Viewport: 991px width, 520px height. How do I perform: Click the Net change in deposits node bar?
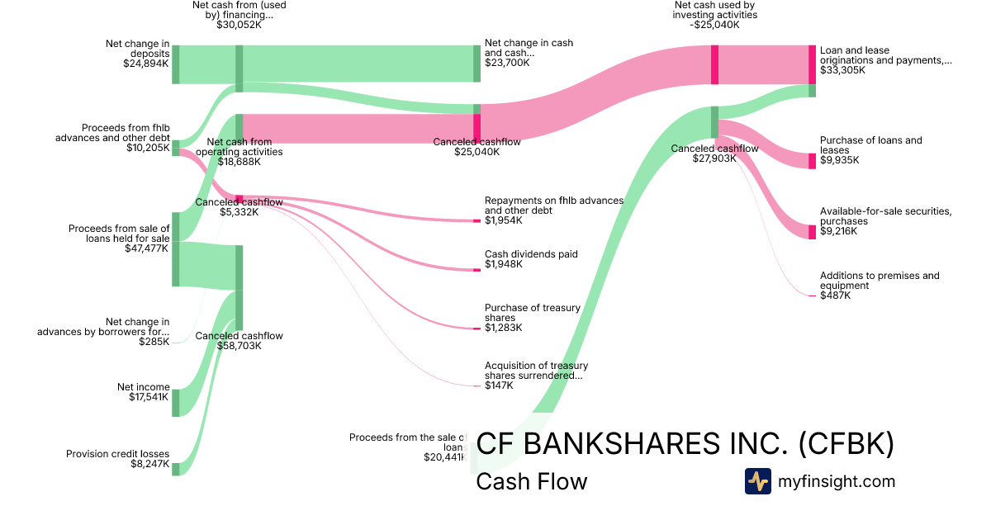(175, 64)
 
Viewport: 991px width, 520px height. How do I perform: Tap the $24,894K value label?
(147, 63)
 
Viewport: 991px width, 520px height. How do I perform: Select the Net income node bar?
(175, 403)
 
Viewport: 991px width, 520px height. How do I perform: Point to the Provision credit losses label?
(118, 454)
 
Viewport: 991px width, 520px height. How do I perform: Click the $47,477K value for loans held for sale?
(147, 248)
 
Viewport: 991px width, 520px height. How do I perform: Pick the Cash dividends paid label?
(531, 254)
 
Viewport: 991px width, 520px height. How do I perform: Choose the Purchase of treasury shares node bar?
(477, 329)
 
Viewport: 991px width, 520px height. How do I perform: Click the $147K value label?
(499, 385)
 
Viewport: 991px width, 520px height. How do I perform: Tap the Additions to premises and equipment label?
(880, 281)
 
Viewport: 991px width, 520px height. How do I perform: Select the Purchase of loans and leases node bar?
(812, 161)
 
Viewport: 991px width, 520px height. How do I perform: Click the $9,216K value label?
(838, 231)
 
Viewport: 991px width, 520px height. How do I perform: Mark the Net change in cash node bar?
(477, 64)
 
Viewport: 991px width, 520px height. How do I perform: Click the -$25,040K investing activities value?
(715, 25)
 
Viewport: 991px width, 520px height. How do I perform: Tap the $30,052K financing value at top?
(239, 25)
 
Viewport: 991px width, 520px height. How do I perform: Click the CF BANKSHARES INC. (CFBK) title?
(685, 444)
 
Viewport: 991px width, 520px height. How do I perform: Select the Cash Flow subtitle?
(532, 481)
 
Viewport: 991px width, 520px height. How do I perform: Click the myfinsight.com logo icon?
(757, 481)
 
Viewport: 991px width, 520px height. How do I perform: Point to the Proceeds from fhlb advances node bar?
(175, 148)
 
